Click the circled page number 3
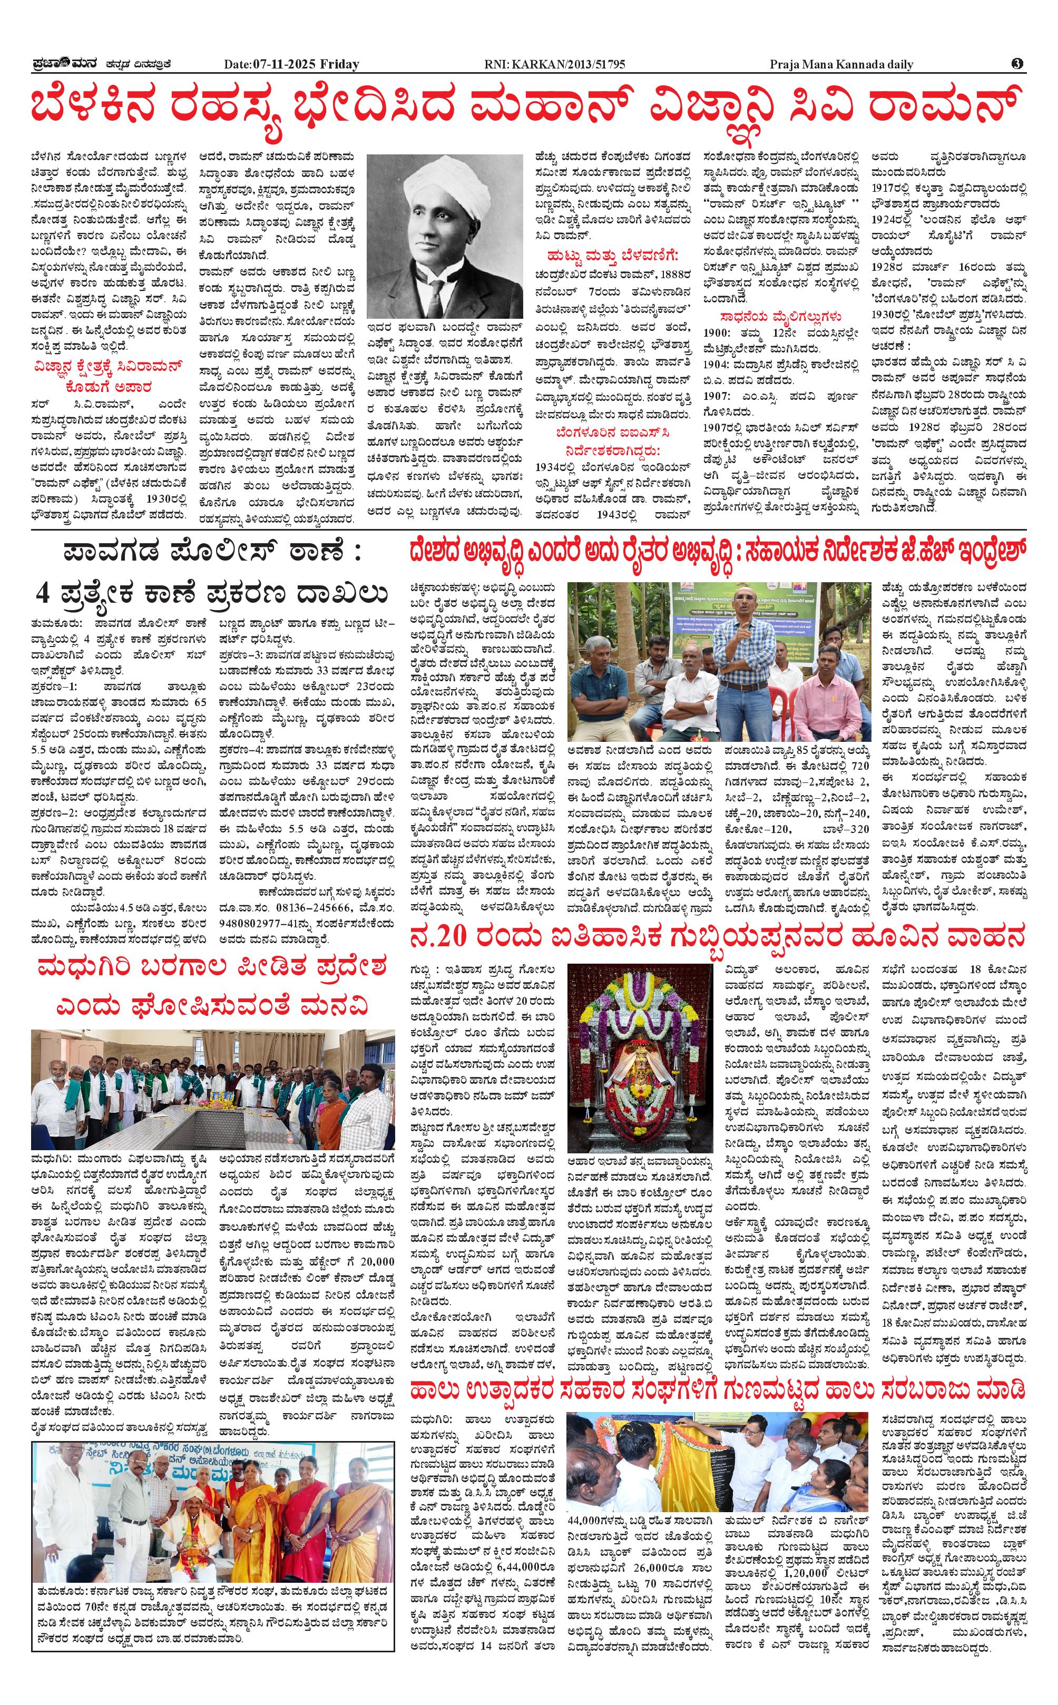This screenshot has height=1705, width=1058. click(1017, 64)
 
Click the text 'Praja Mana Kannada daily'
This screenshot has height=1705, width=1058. click(841, 65)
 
